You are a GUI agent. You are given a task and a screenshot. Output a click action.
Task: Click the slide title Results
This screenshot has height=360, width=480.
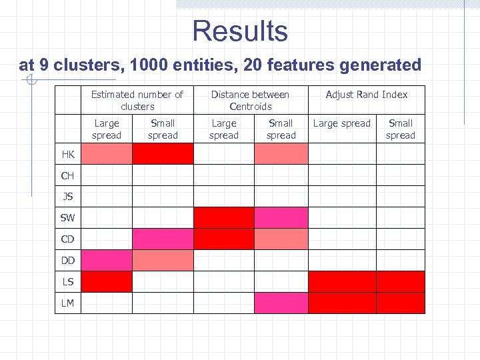pos(240,31)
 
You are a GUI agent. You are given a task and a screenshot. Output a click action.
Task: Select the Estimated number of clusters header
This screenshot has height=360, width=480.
pos(137,100)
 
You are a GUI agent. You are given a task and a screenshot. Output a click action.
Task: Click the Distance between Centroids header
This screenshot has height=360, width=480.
pos(250,100)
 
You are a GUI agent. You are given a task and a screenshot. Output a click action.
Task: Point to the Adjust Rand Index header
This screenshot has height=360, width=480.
pos(366,95)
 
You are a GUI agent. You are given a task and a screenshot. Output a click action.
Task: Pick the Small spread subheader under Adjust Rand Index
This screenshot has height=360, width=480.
pos(400,129)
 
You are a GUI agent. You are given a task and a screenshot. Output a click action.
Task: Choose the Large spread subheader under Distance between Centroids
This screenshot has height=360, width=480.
pos(223,129)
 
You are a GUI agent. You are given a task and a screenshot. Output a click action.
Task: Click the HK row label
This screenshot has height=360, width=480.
pos(68,154)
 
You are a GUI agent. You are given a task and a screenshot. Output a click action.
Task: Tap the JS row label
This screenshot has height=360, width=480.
pos(68,197)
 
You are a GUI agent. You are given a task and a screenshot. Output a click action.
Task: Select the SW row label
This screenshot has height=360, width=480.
pos(68,218)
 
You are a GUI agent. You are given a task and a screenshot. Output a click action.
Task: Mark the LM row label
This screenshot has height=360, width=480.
pos(68,303)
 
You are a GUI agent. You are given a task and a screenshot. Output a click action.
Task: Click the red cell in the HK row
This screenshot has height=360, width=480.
pos(163,154)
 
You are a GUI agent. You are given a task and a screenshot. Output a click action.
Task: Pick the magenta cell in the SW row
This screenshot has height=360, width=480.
pos(281,218)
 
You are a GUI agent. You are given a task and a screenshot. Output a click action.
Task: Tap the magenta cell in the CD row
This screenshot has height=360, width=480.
pos(163,239)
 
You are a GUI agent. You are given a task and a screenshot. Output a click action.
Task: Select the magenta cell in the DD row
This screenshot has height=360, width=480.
pos(107,260)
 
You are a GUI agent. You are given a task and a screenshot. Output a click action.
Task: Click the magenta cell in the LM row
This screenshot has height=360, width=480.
pos(281,303)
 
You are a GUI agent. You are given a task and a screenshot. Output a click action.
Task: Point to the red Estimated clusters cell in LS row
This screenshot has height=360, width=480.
pos(107,281)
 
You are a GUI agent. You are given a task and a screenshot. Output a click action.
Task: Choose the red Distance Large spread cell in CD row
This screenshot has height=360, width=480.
pos(224,239)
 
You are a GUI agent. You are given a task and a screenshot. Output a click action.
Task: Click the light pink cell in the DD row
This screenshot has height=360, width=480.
pos(163,260)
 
